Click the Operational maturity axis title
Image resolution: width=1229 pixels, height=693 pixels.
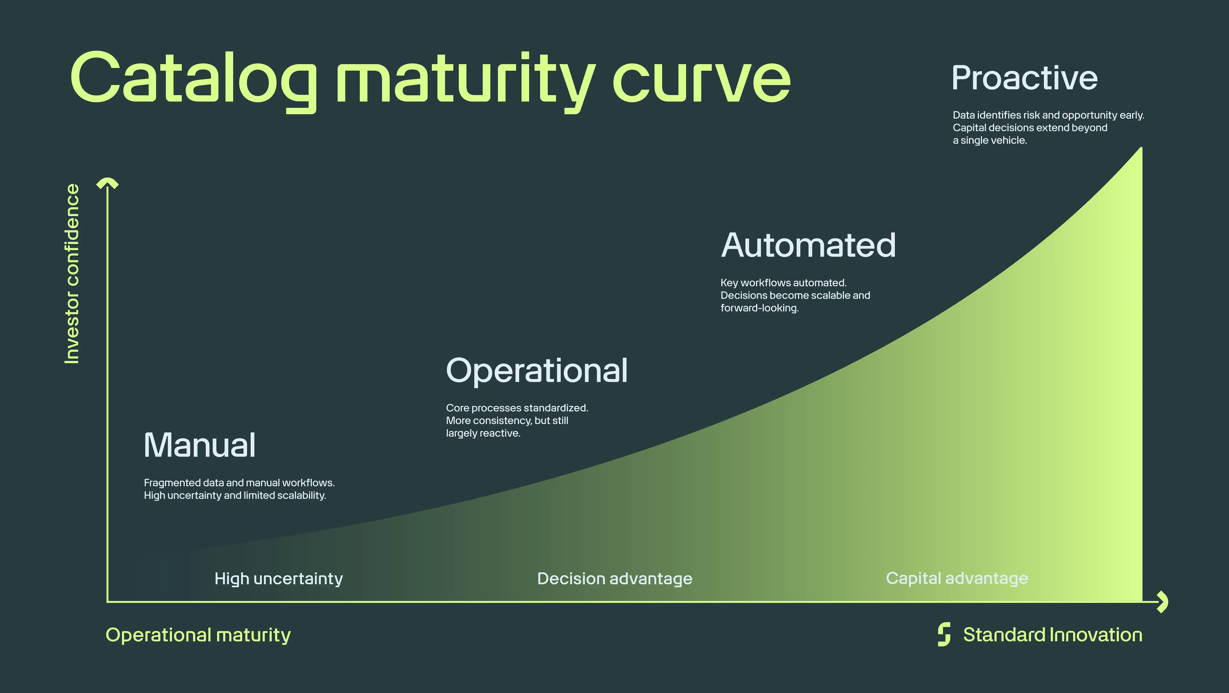coord(198,635)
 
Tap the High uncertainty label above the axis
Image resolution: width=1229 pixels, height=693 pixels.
coord(279,578)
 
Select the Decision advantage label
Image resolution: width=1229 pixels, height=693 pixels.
coord(614,578)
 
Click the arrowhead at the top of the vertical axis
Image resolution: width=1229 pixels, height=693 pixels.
coord(107,183)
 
